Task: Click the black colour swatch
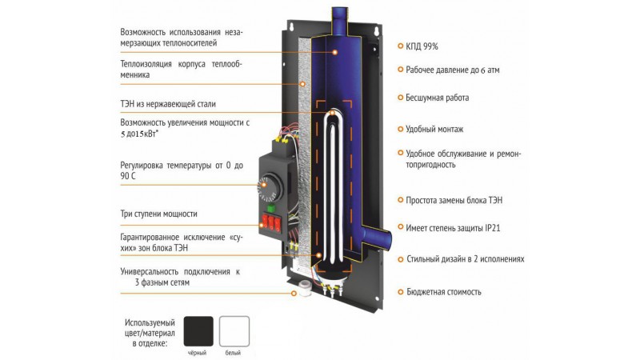click(198, 331)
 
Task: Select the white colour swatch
click(234, 331)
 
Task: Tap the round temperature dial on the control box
click(270, 187)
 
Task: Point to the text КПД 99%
click(422, 46)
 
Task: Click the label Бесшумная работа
click(437, 98)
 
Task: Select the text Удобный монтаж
click(434, 129)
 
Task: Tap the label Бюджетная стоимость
click(444, 292)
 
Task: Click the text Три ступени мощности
click(158, 214)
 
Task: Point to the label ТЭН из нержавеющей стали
click(168, 104)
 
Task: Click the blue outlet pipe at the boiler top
click(339, 22)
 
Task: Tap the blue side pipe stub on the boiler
click(377, 237)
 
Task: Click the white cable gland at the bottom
click(305, 288)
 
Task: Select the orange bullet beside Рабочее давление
click(401, 70)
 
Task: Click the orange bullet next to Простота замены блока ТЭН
click(401, 200)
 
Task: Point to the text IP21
click(492, 228)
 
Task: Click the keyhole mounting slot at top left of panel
click(292, 27)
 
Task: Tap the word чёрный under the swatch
click(197, 353)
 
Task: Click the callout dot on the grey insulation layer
click(302, 84)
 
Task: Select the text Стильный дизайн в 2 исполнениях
click(466, 258)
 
